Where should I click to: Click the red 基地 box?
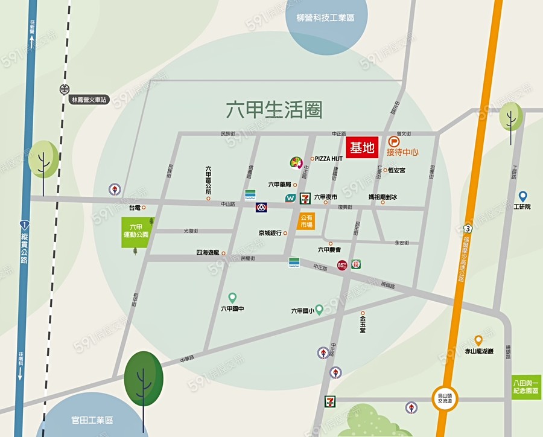(x=362, y=148)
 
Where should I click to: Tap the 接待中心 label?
(x=402, y=152)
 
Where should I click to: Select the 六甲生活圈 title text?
(x=274, y=110)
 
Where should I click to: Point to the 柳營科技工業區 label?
(x=325, y=18)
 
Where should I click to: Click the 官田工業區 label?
(x=92, y=420)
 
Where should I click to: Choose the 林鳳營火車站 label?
(x=89, y=100)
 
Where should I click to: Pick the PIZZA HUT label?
(x=329, y=159)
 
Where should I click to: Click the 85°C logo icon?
(x=342, y=264)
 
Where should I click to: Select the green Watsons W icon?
(x=290, y=198)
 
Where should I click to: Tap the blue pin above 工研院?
(x=522, y=196)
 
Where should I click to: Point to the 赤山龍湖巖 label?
(x=478, y=351)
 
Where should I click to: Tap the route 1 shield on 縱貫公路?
(x=23, y=223)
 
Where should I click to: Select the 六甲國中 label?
(x=232, y=309)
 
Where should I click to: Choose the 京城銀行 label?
(x=270, y=233)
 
